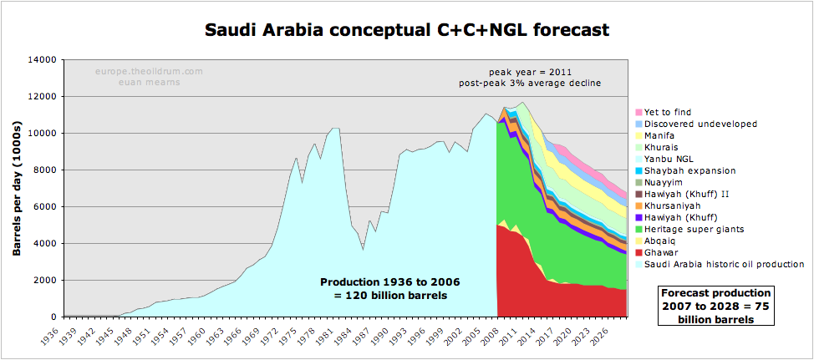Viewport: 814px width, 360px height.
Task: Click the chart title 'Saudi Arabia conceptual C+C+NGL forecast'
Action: [407, 31]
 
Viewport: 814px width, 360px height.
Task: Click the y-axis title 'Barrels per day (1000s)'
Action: [17, 189]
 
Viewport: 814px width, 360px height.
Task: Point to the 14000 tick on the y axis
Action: [42, 60]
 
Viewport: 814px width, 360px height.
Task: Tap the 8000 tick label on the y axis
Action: [44, 170]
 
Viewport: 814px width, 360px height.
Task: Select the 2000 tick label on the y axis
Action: [44, 281]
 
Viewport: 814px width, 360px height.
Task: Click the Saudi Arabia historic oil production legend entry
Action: [724, 264]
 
